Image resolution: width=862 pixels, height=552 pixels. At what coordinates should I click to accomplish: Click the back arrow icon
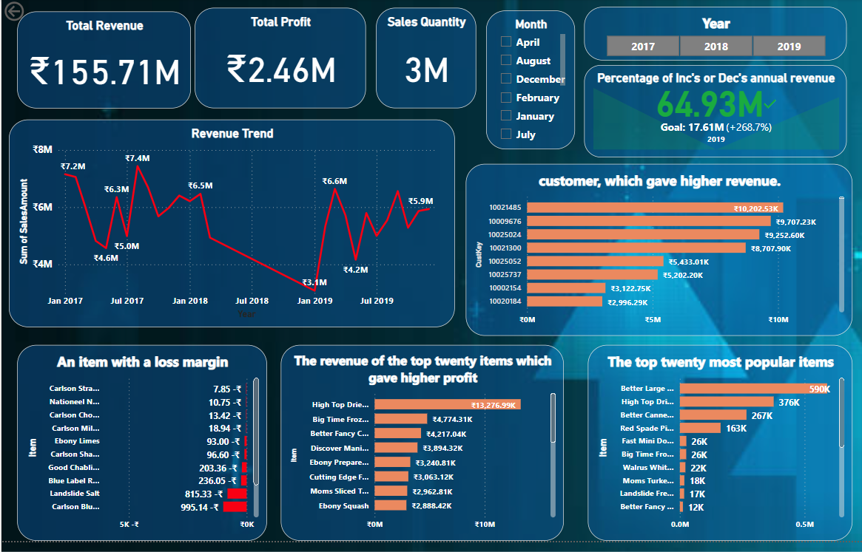coord(14,12)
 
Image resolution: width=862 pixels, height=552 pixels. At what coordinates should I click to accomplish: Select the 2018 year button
coord(715,47)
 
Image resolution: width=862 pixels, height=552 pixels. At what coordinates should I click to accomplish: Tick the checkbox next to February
coord(506,98)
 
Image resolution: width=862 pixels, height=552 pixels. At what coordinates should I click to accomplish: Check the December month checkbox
coord(506,79)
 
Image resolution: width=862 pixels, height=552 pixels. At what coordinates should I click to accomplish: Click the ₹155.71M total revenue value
coord(104,72)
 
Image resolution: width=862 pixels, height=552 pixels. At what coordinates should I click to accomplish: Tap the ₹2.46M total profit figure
coord(280,69)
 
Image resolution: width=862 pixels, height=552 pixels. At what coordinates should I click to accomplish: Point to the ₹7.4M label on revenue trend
coord(137,158)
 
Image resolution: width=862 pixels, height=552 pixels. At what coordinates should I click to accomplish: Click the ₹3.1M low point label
coord(314,283)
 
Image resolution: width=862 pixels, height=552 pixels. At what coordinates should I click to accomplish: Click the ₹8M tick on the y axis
coord(43,149)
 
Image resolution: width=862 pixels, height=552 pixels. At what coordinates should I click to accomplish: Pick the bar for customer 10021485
coord(655,208)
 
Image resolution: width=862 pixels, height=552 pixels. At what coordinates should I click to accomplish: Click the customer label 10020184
coord(505,301)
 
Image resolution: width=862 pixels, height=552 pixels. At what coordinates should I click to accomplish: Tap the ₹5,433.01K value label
coord(689,262)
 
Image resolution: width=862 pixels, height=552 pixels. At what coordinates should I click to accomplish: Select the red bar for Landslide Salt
coord(237,494)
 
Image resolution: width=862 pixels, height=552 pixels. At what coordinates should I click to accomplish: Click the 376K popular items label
coord(789,402)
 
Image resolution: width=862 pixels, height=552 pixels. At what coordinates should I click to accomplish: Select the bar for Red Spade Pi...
coord(700,428)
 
